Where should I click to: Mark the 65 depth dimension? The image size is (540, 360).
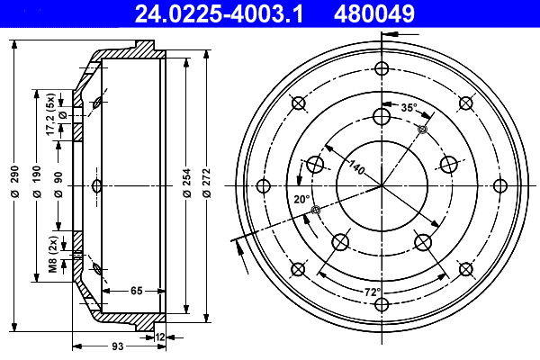pyautogui.click(x=136, y=291)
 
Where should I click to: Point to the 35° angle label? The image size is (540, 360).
pyautogui.click(x=409, y=107)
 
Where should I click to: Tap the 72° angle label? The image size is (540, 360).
pyautogui.click(x=373, y=291)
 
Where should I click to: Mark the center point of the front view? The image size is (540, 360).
pyautogui.click(x=382, y=186)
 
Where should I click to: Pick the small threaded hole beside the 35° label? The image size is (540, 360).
pyautogui.click(x=422, y=130)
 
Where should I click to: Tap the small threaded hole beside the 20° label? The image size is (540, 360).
pyautogui.click(x=314, y=211)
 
